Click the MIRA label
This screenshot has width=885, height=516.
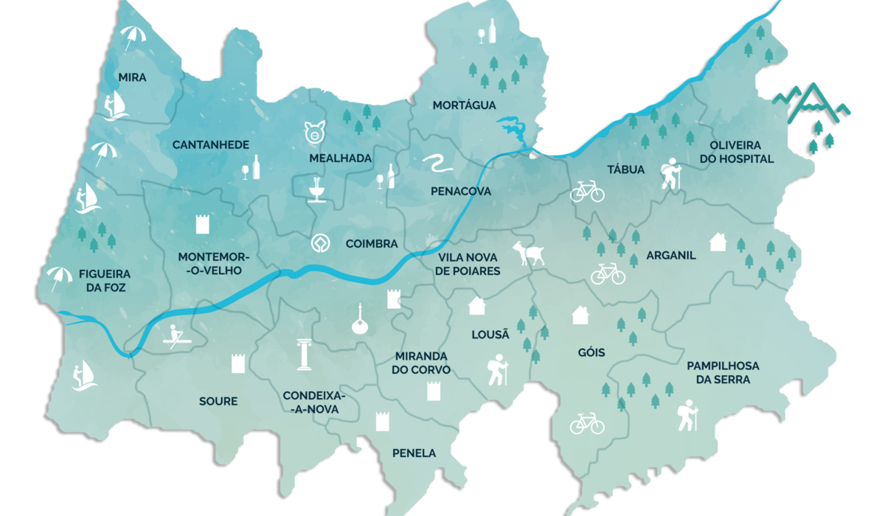(132, 77)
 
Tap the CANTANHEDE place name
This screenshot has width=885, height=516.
(211, 144)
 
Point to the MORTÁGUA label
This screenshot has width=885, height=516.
(464, 105)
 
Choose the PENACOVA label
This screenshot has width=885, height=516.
(460, 191)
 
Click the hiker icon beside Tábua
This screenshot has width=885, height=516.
(669, 175)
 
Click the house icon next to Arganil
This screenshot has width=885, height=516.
(717, 242)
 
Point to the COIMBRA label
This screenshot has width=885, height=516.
(372, 243)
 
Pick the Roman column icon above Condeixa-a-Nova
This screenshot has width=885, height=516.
(302, 354)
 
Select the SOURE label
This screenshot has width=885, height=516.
(218, 401)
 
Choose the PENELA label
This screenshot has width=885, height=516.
(414, 453)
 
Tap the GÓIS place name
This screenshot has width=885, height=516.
(591, 352)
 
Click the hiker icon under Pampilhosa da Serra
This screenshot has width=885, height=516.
(687, 415)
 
